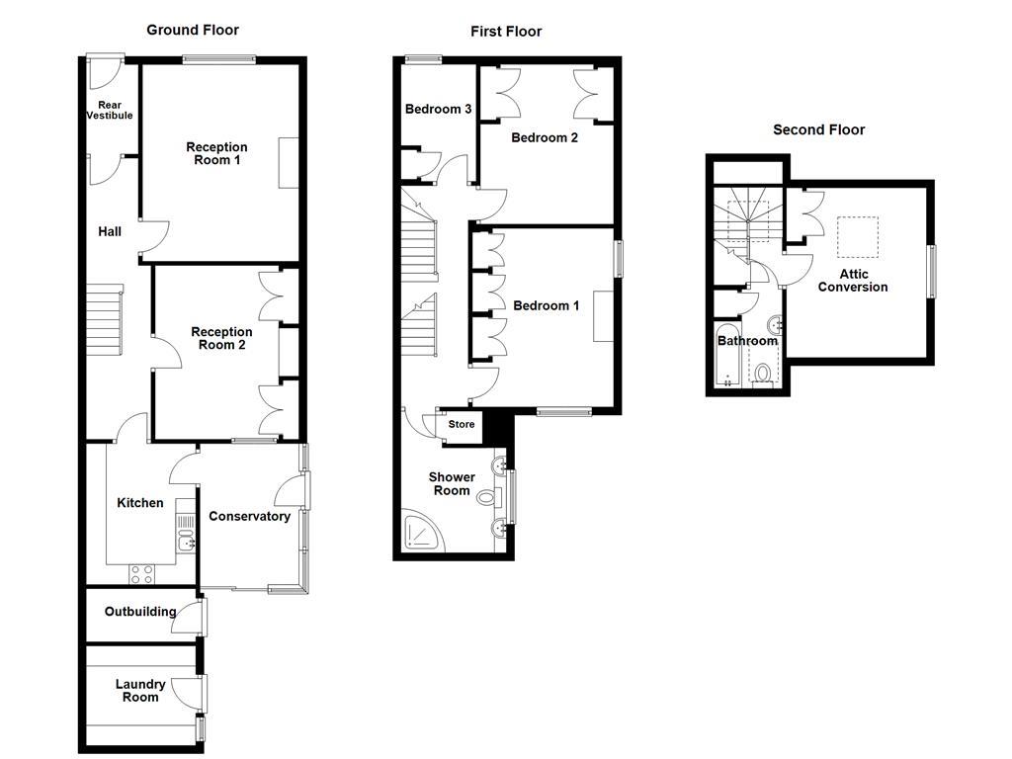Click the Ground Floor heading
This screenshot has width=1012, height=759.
tap(193, 30)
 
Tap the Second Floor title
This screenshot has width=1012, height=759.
tap(818, 129)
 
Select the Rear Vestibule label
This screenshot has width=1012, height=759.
tap(110, 110)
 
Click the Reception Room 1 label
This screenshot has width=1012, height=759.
tap(216, 153)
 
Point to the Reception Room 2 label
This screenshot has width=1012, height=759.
tap(221, 338)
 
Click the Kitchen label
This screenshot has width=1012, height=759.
tap(140, 503)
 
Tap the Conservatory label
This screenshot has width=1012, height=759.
tap(249, 516)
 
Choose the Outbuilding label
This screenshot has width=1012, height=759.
tap(140, 611)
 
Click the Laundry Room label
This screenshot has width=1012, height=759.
tap(140, 691)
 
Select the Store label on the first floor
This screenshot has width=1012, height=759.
tap(462, 424)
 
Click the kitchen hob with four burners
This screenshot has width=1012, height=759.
tap(142, 574)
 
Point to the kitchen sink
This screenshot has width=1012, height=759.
tap(187, 542)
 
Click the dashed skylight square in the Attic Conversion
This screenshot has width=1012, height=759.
tap(858, 237)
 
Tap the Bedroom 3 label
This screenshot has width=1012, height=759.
tap(438, 109)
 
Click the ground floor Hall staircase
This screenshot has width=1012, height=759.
tap(105, 319)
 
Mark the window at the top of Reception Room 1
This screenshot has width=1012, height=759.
tap(219, 60)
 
